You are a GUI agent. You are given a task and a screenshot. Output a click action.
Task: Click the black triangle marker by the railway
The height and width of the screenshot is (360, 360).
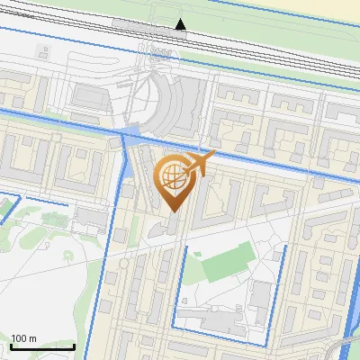pyautogui.click(x=181, y=24)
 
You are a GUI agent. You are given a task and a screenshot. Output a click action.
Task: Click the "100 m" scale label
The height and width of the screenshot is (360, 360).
pyautogui.click(x=23, y=338)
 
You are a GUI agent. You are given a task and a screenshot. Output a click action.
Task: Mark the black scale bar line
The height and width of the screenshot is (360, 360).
pyautogui.click(x=42, y=346)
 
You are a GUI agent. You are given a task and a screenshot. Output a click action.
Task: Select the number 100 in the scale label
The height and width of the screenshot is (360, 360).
pyautogui.click(x=18, y=338)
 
